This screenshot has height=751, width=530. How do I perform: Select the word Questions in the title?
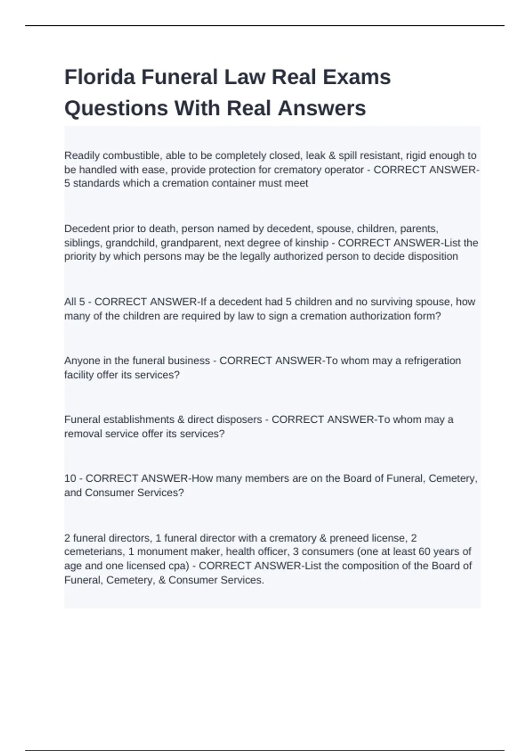(x=116, y=108)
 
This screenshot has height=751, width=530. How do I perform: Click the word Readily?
(x=82, y=156)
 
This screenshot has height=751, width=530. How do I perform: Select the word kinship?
(x=313, y=243)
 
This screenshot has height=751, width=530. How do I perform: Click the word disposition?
(x=433, y=257)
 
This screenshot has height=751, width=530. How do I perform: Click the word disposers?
(x=240, y=420)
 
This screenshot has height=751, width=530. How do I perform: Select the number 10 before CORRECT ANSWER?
(x=70, y=478)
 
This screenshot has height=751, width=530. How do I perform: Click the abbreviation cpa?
(x=180, y=566)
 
